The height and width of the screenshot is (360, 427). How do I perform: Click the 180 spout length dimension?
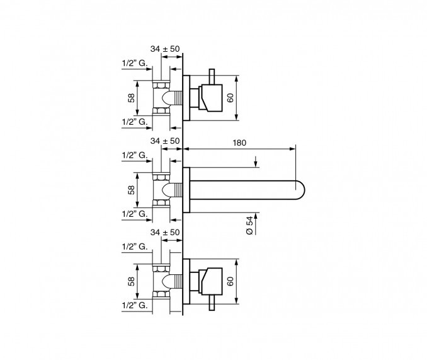(239, 142)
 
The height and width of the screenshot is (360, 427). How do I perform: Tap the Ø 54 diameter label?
(249, 225)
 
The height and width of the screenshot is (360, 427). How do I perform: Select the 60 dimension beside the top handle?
(231, 98)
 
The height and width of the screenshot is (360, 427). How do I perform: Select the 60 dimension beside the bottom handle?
(231, 281)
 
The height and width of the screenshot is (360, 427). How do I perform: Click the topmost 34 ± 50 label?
(165, 49)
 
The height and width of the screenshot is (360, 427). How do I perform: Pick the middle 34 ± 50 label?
(165, 141)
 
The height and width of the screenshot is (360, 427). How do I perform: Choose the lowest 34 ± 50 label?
(165, 232)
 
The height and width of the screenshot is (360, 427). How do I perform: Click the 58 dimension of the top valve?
(132, 98)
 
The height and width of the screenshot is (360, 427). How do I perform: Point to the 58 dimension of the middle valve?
(132, 190)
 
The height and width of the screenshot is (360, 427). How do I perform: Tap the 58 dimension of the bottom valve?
(132, 281)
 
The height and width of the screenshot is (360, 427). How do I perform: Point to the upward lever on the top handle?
(212, 76)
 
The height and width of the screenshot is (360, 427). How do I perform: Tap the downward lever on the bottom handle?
(212, 303)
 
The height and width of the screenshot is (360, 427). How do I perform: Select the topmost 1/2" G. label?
(135, 63)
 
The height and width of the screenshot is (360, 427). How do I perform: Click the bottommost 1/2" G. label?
(135, 305)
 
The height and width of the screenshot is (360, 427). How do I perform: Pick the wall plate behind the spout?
(186, 190)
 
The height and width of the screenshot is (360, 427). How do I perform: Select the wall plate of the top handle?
(186, 98)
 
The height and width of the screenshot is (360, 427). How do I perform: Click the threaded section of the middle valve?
(178, 190)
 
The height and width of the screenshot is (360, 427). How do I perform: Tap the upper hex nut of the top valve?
(161, 85)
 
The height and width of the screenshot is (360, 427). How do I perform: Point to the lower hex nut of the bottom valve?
(161, 294)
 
